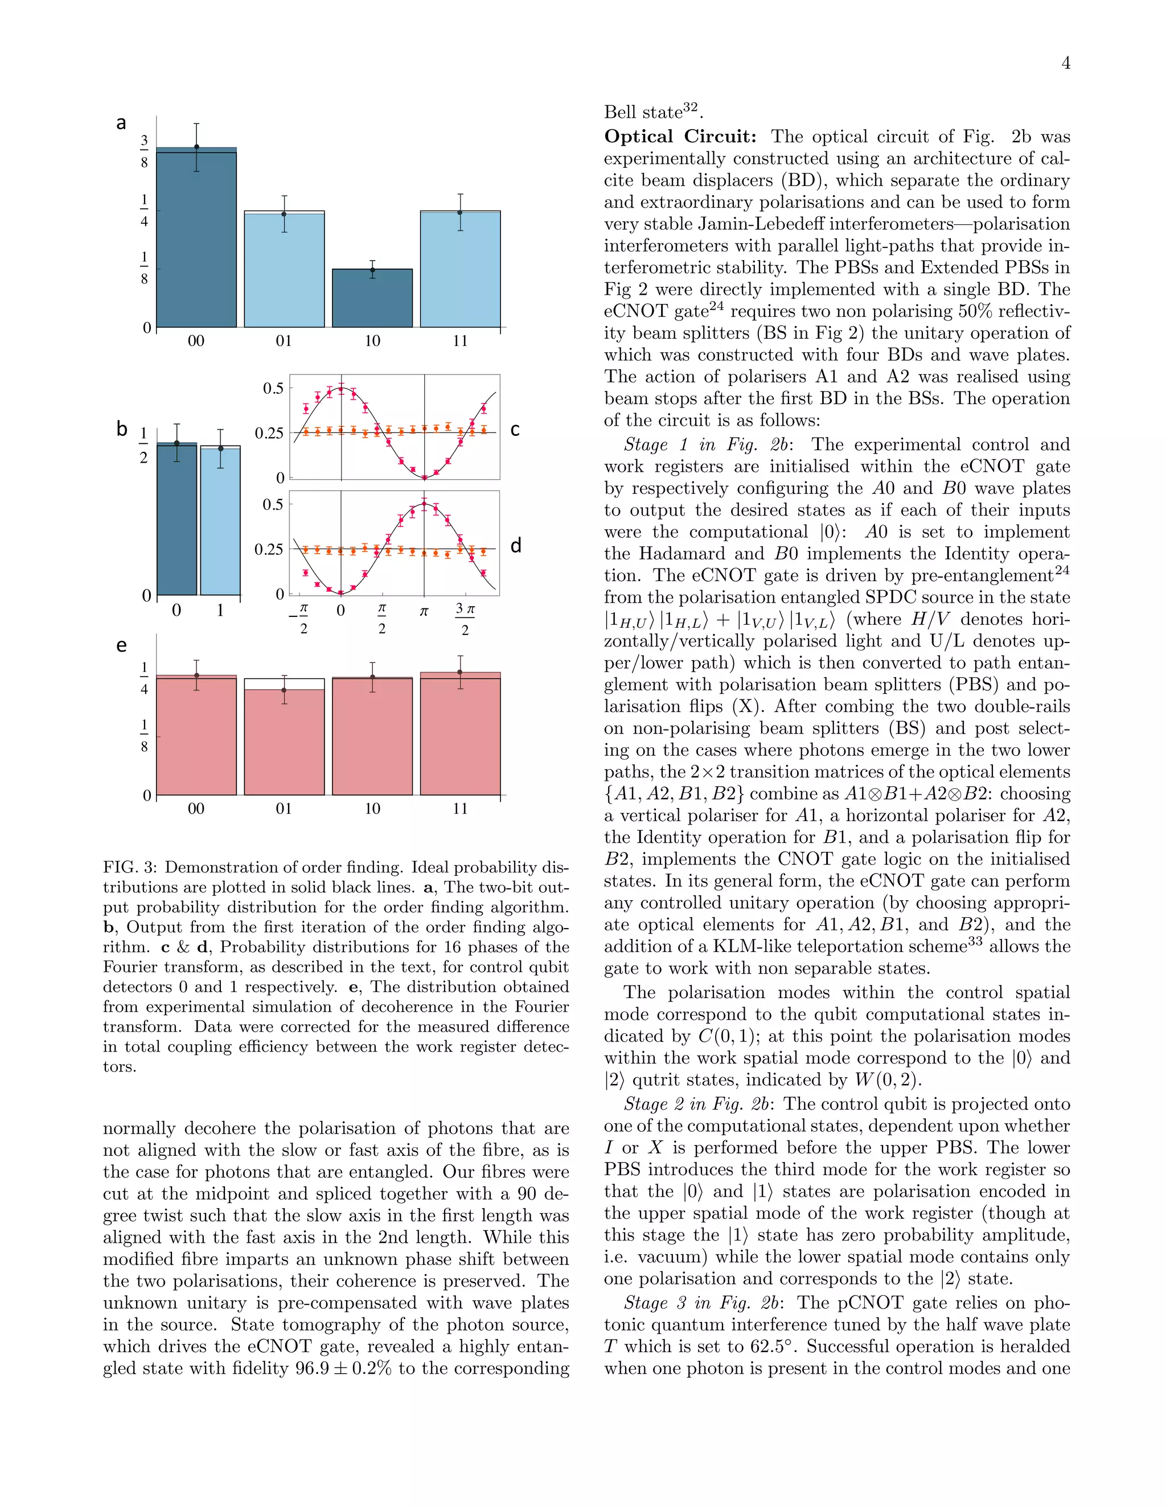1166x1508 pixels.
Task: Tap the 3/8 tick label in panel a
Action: (143, 152)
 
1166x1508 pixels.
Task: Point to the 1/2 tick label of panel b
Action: (143, 446)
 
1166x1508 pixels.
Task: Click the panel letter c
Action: (515, 430)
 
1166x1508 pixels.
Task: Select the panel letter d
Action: (515, 546)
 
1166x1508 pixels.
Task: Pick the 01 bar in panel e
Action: (284, 742)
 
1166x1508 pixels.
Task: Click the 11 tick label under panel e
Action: (460, 809)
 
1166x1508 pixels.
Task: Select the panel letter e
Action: (122, 646)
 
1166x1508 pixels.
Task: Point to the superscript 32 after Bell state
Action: (691, 107)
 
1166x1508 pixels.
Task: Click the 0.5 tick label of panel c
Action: (273, 389)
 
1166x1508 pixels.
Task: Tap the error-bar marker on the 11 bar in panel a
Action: (460, 213)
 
